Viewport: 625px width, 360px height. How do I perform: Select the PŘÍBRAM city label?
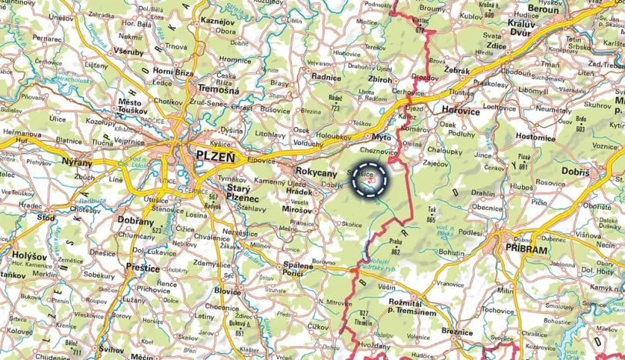pyautogui.click(x=526, y=250)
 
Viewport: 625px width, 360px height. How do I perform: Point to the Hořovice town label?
pyautogui.click(x=461, y=111)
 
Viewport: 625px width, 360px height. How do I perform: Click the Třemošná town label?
pyautogui.click(x=218, y=89)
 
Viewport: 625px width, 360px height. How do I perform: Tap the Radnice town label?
pyautogui.click(x=326, y=77)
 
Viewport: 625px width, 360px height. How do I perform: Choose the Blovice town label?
pyautogui.click(x=228, y=292)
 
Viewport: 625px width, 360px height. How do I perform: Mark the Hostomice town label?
pyautogui.click(x=535, y=136)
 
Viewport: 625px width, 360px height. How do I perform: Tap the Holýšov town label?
pyautogui.click(x=30, y=254)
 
